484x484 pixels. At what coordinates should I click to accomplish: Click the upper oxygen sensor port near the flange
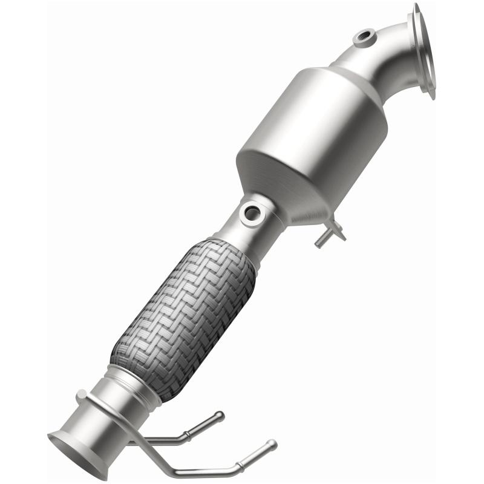[364, 38]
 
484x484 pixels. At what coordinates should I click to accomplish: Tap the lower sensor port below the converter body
[250, 213]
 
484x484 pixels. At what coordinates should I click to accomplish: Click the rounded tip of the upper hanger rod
[220, 416]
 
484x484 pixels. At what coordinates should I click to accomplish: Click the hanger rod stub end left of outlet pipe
[81, 396]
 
